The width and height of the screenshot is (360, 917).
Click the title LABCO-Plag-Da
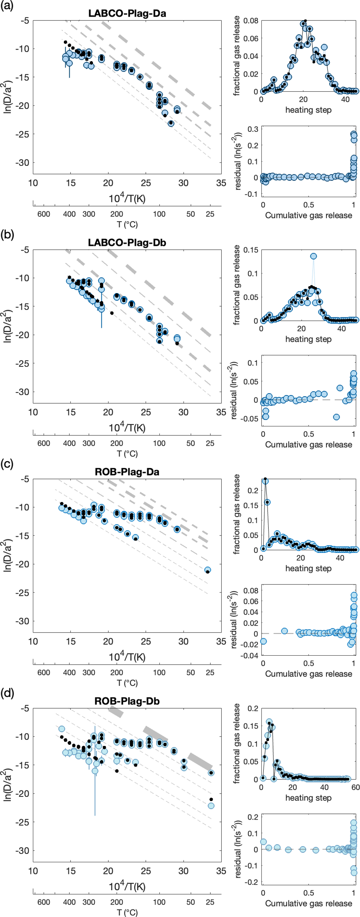(x=127, y=13)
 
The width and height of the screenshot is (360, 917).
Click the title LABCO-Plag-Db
(x=127, y=242)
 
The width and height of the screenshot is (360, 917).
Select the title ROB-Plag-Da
(x=127, y=472)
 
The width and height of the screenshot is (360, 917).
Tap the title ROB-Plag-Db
(x=127, y=701)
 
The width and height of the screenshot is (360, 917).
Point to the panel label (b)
(x=7, y=235)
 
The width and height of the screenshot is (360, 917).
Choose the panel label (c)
(x=7, y=464)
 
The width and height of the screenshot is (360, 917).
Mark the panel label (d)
(x=7, y=693)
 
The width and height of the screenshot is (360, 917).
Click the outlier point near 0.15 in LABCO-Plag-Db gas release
(x=314, y=256)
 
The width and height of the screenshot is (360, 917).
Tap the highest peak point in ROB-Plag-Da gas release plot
(x=265, y=481)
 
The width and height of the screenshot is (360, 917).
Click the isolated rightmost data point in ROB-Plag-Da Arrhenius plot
(x=207, y=570)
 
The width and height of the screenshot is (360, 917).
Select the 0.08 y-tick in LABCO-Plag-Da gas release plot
(x=251, y=20)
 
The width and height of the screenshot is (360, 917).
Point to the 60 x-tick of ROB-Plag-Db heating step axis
(x=355, y=787)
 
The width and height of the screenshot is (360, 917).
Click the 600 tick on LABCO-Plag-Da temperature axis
(x=44, y=214)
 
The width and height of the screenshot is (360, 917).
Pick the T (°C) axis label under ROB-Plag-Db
(x=127, y=912)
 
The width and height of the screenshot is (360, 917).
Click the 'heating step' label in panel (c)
(x=308, y=568)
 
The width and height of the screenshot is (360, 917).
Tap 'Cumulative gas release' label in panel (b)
(x=308, y=445)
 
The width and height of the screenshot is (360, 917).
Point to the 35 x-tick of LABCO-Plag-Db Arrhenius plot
(x=221, y=412)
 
